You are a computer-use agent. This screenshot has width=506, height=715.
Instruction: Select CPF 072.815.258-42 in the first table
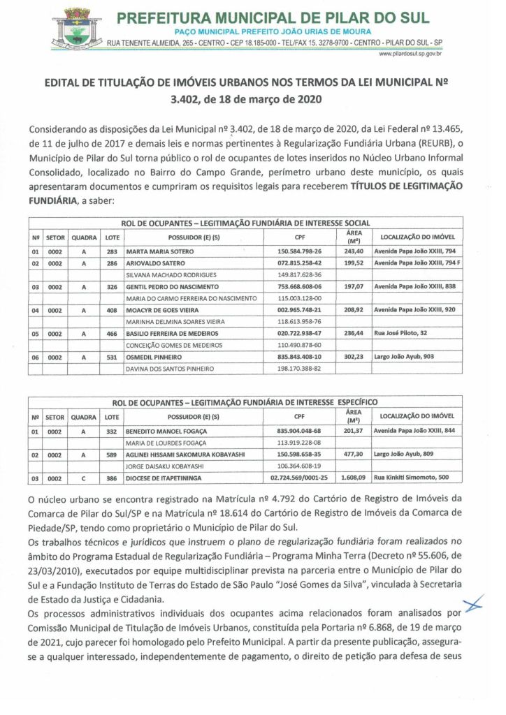(299, 263)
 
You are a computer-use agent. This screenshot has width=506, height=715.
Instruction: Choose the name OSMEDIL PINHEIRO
(154, 357)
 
